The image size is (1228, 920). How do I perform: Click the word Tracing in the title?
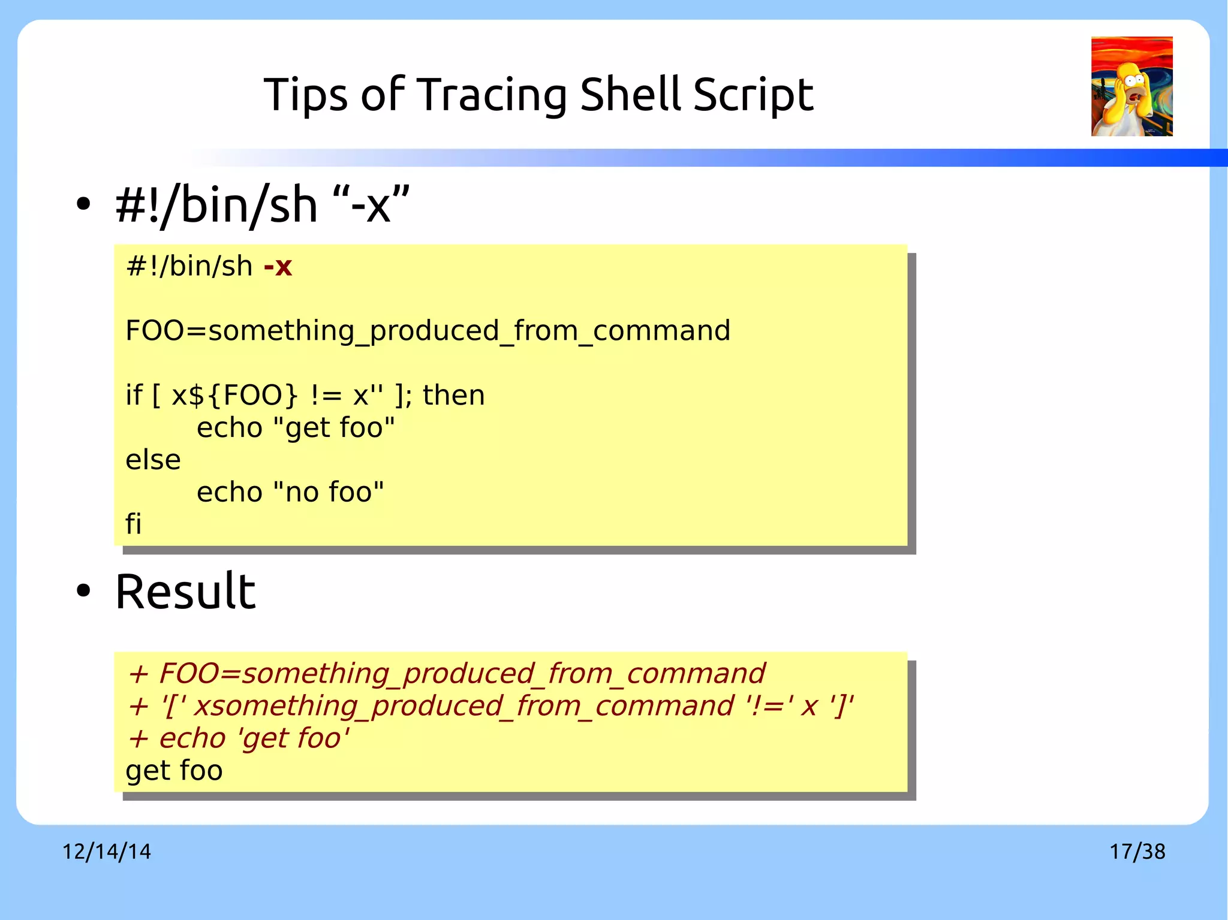(491, 95)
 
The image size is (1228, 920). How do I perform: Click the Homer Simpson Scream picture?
(1131, 86)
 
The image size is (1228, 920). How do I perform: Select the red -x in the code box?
(278, 266)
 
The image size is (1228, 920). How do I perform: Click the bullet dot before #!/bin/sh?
(83, 204)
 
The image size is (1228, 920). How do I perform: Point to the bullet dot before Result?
(83, 591)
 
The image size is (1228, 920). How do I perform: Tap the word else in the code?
(153, 460)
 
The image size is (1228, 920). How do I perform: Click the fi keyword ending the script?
(133, 524)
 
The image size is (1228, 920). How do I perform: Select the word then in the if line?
(453, 396)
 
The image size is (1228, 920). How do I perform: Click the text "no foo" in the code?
(328, 492)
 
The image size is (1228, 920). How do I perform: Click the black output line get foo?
(174, 771)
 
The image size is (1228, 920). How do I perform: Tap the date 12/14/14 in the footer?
(107, 852)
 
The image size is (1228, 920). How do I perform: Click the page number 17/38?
(1137, 852)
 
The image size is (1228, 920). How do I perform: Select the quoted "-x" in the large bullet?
(370, 205)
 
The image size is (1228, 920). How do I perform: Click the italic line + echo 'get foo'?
(238, 738)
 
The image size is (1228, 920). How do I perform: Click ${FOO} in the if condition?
(252, 396)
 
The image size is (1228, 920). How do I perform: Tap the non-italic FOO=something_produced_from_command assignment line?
(428, 331)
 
